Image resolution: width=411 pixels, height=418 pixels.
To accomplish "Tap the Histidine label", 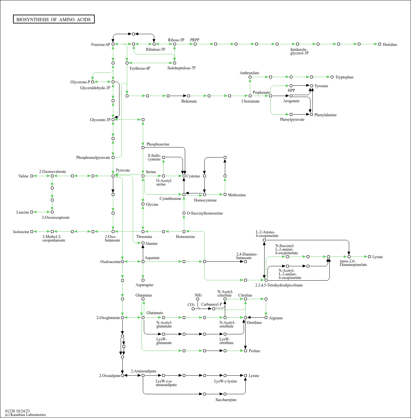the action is (390, 45).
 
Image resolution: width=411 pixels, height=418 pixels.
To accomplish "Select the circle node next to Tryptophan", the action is (332, 77).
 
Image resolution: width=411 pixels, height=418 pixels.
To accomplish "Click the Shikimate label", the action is (189, 101).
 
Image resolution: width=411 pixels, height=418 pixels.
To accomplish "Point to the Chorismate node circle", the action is (250, 96).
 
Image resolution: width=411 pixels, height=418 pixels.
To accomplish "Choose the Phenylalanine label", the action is (325, 115).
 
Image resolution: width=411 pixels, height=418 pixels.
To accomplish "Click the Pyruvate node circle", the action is (113, 176).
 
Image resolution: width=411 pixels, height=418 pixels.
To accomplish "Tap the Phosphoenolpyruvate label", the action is (93, 158).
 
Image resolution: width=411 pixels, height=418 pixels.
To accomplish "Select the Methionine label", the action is (237, 195).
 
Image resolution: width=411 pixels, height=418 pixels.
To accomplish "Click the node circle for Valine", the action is (32, 176).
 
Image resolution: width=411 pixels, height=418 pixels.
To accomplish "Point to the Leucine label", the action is (22, 212).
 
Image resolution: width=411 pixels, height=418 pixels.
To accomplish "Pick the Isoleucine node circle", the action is (32, 232).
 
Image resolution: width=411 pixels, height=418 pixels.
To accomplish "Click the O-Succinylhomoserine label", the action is (205, 213).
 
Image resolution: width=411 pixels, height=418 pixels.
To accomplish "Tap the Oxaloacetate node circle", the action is (123, 262).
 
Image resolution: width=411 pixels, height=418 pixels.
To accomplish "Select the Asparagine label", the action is (144, 285).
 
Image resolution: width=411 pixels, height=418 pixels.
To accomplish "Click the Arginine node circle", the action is (266, 317).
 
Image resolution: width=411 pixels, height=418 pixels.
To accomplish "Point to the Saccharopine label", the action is (226, 399).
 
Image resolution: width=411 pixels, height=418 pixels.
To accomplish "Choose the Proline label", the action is (254, 351).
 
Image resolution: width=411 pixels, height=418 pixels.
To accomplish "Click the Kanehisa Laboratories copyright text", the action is (25, 415).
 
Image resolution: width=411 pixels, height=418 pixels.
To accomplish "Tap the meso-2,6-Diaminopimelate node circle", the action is (349, 257).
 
